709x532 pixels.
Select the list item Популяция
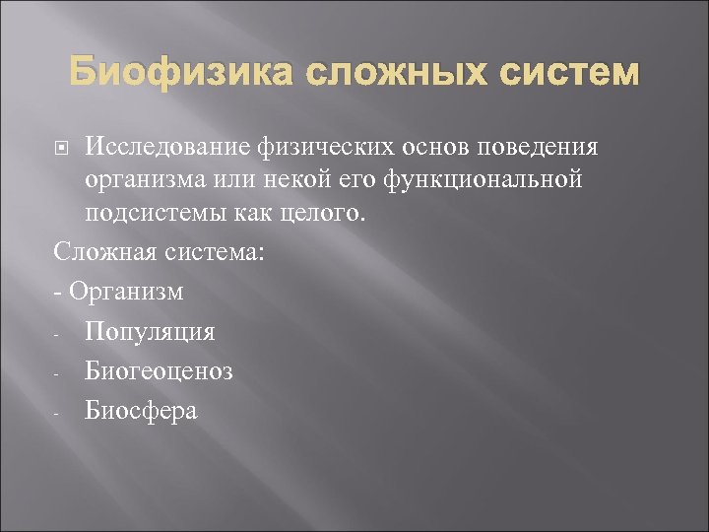150,332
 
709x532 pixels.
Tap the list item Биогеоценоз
159,371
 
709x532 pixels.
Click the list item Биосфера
141,411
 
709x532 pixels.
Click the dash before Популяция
59,334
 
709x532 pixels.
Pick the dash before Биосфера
59,413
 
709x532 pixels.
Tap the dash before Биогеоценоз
59,373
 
